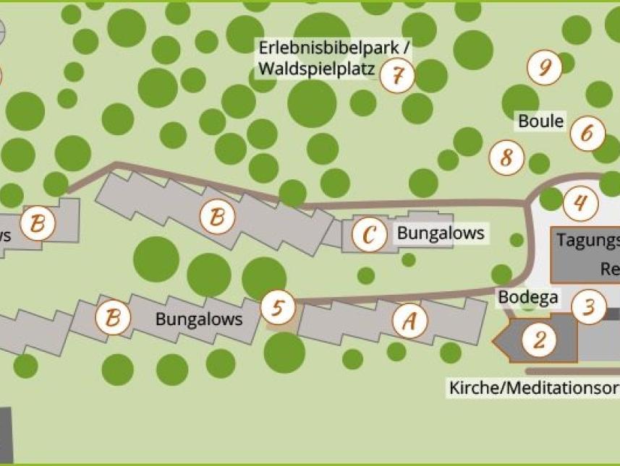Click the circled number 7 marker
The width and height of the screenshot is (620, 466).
[x=397, y=74]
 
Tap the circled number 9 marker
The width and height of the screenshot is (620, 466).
[x=545, y=68]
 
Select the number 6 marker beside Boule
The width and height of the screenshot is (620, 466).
[x=587, y=133]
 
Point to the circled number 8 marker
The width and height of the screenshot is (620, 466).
[x=506, y=157]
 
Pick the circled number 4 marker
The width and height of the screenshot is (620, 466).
[x=580, y=203]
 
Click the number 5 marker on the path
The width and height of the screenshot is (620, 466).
[x=278, y=308]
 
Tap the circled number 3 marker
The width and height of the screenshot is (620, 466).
[x=589, y=307]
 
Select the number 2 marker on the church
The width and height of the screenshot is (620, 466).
[x=540, y=339]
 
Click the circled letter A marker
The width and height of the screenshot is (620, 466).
[x=409, y=321]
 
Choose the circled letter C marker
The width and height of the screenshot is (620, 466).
[x=370, y=235]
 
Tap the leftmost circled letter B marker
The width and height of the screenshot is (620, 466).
[x=38, y=223]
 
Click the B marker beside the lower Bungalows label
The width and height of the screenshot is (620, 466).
[x=113, y=316]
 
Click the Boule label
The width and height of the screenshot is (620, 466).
[x=540, y=121]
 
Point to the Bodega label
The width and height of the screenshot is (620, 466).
[x=528, y=297]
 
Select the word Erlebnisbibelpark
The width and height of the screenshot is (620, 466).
[x=334, y=48]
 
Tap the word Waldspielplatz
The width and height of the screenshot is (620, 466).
[x=317, y=70]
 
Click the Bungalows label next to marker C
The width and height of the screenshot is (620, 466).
[x=440, y=233]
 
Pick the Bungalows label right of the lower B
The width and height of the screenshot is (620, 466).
[x=199, y=319]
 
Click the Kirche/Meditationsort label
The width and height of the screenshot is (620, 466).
[x=534, y=387]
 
